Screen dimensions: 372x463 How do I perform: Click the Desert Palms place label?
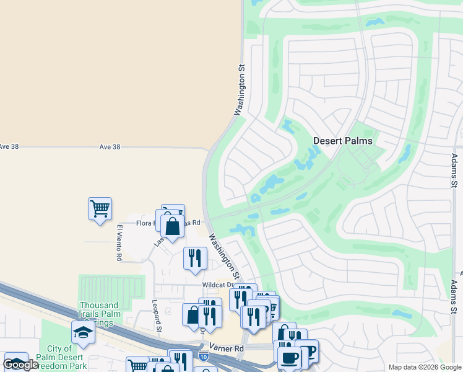coord(342,141)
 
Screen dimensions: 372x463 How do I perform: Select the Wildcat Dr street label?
coord(217,285)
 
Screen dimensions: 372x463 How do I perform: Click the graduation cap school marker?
coord(83,333)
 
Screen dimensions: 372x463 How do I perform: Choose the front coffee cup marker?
coord(289,357)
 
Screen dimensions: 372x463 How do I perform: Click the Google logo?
coord(20,365)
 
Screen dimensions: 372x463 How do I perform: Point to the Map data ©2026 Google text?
coord(424,367)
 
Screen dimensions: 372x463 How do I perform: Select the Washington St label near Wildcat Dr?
coord(224,255)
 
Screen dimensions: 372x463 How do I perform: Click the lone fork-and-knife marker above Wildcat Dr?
coord(195,258)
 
